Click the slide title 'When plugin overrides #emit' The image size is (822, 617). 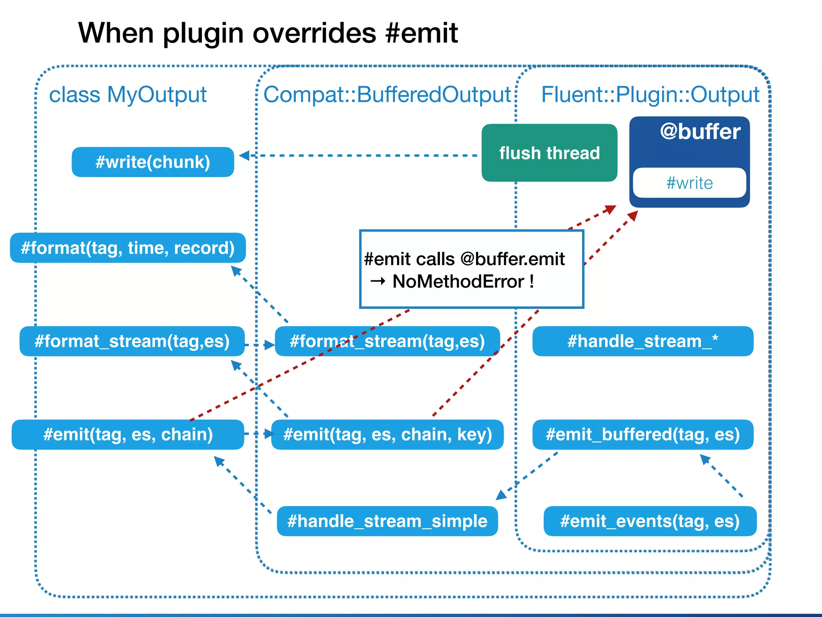(x=268, y=33)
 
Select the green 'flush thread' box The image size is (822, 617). (x=549, y=153)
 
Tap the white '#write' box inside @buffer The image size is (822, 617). (x=689, y=183)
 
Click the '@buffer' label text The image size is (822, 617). (x=700, y=132)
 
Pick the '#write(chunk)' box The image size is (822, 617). (x=153, y=162)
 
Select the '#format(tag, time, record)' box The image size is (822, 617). (x=128, y=248)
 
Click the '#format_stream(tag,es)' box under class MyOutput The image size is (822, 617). (x=132, y=341)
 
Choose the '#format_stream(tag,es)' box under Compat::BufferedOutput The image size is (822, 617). (x=387, y=341)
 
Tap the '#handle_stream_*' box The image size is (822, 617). (x=643, y=341)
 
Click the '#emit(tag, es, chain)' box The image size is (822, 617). (x=128, y=435)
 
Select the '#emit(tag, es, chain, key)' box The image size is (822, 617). (x=387, y=435)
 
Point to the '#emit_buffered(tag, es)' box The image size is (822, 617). (x=643, y=435)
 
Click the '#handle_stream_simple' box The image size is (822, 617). (x=387, y=521)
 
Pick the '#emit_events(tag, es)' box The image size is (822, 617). (x=650, y=521)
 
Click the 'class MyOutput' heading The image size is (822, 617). (x=128, y=95)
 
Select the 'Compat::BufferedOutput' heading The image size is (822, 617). (x=387, y=95)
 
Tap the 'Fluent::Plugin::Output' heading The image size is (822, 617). (x=650, y=95)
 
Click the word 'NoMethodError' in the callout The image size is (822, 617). (x=458, y=282)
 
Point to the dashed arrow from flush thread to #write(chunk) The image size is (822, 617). (x=361, y=155)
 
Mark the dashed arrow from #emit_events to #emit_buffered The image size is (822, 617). (x=722, y=476)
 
